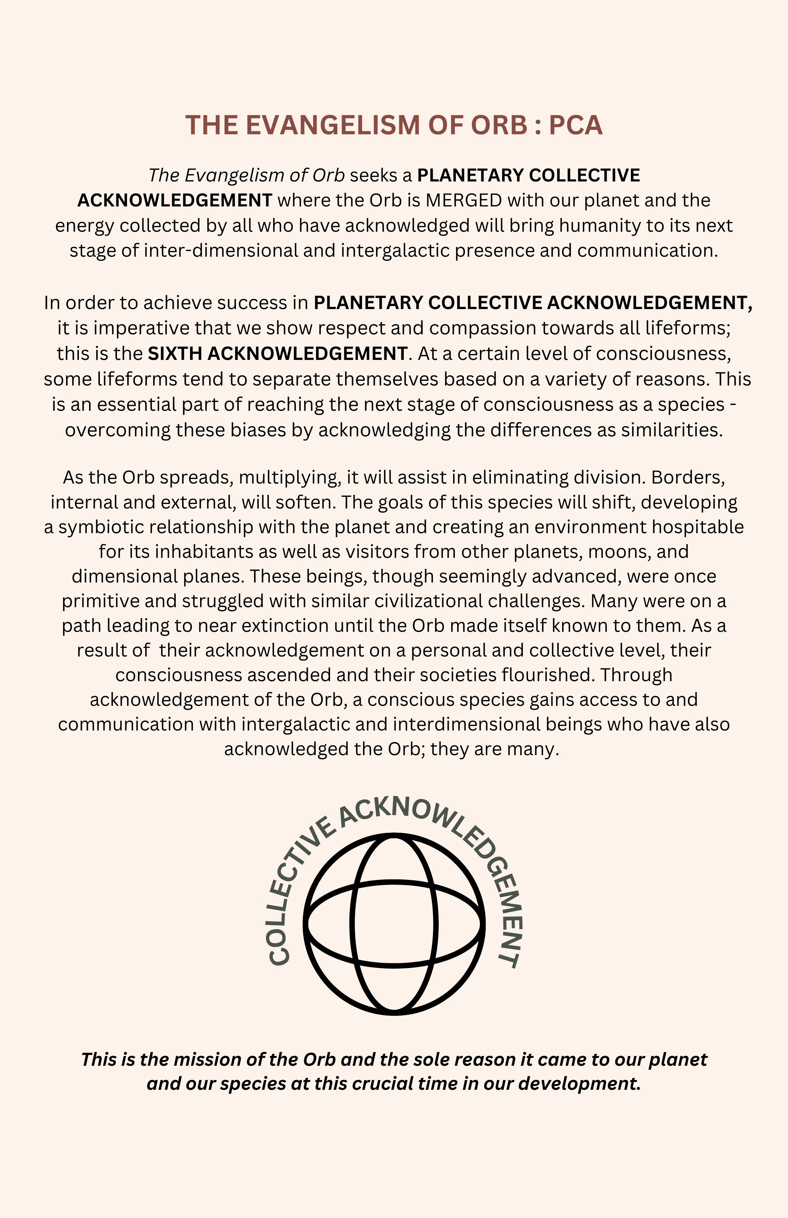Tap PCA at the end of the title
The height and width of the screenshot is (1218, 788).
click(x=576, y=125)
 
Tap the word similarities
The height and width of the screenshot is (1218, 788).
click(x=672, y=430)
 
